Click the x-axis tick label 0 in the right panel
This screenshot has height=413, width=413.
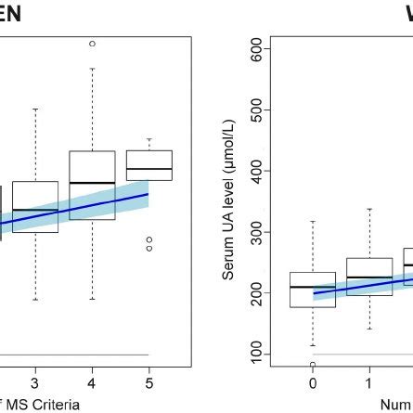(x=313, y=383)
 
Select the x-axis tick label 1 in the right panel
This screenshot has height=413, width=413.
(x=369, y=383)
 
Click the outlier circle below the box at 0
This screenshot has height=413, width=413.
(x=313, y=365)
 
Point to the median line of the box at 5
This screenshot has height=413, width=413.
(x=148, y=169)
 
